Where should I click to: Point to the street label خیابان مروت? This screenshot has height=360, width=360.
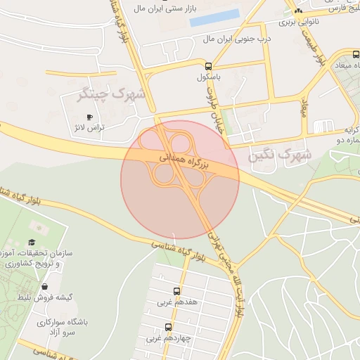(x=208, y=111)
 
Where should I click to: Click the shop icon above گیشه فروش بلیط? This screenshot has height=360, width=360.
(x=45, y=286)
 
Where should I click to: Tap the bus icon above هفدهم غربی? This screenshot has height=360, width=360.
(x=176, y=291)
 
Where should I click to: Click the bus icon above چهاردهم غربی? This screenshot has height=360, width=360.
(x=168, y=326)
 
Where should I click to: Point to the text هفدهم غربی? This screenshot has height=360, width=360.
(x=173, y=302)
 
